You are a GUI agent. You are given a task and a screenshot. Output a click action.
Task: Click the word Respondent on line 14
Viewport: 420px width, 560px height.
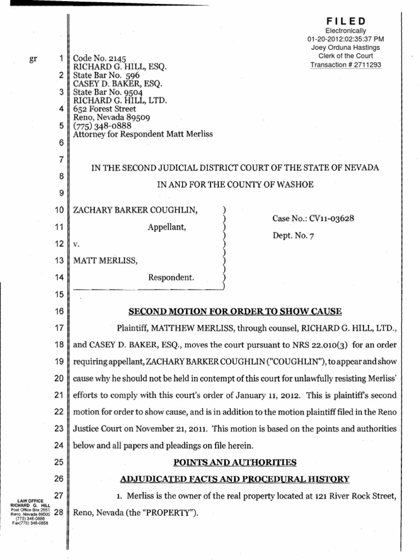point(171,278)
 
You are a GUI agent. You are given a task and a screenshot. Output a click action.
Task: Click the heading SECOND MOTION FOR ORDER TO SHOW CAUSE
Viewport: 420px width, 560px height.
point(235,312)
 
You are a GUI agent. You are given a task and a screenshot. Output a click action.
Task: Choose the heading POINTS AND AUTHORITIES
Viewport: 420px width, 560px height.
point(235,463)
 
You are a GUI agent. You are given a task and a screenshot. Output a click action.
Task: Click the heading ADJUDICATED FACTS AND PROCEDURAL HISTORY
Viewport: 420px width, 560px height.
point(235,480)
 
